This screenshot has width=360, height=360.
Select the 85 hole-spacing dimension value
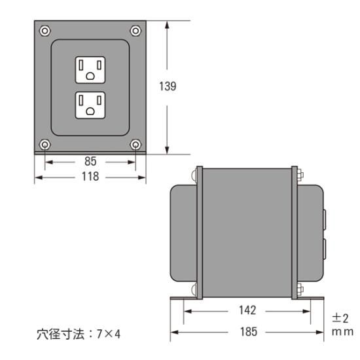[x=90, y=160]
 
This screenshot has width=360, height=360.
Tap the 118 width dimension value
[x=90, y=177]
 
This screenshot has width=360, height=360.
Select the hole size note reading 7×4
[x=77, y=334]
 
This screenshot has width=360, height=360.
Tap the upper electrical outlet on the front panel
[x=90, y=70]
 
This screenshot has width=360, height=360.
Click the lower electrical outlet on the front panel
[x=90, y=105]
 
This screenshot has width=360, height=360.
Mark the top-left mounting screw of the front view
[x=45, y=30]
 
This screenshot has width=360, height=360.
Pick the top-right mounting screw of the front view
[x=135, y=30]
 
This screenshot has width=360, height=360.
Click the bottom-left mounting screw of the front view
[x=45, y=144]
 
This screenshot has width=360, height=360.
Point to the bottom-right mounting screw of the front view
[x=135, y=144]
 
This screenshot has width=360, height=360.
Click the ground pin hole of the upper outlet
[x=90, y=77]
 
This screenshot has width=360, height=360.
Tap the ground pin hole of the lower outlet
[x=90, y=111]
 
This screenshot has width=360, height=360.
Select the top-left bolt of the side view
[x=196, y=175]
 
